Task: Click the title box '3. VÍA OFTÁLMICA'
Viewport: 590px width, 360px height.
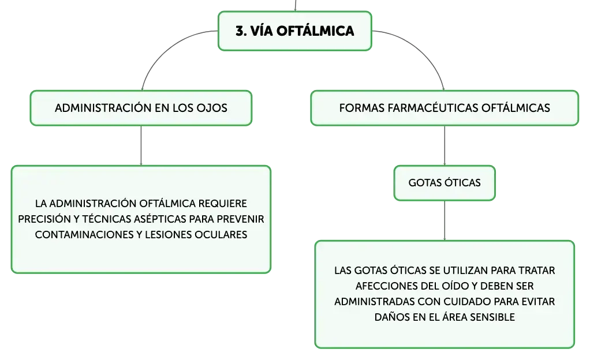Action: pyautogui.click(x=294, y=31)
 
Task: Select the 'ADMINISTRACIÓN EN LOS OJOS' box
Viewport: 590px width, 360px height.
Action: pyautogui.click(x=141, y=108)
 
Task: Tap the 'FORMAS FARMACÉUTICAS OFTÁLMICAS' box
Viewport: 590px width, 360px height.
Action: pyautogui.click(x=445, y=108)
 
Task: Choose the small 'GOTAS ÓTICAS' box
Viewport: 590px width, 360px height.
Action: pyautogui.click(x=445, y=183)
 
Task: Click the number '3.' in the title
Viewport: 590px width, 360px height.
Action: pyautogui.click(x=241, y=31)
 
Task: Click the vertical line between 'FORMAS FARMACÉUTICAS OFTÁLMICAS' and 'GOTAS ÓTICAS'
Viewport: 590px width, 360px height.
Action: pyautogui.click(x=445, y=145)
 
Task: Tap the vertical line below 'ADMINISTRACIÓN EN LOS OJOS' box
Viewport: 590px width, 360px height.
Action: pyautogui.click(x=141, y=145)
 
